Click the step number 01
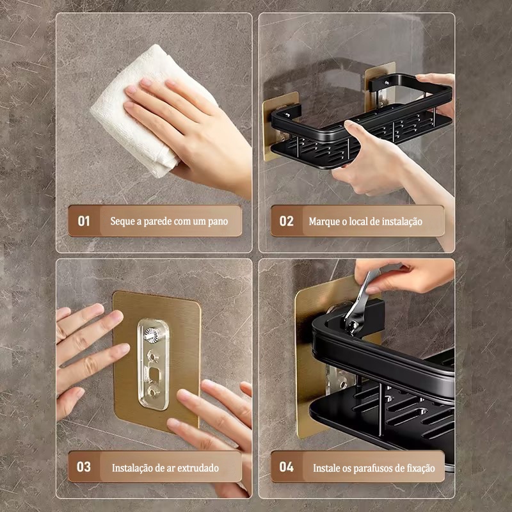tap(84, 221)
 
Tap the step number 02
tap(286, 221)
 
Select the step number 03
tap(84, 467)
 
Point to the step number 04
tap(286, 467)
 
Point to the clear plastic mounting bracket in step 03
tap(153, 364)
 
